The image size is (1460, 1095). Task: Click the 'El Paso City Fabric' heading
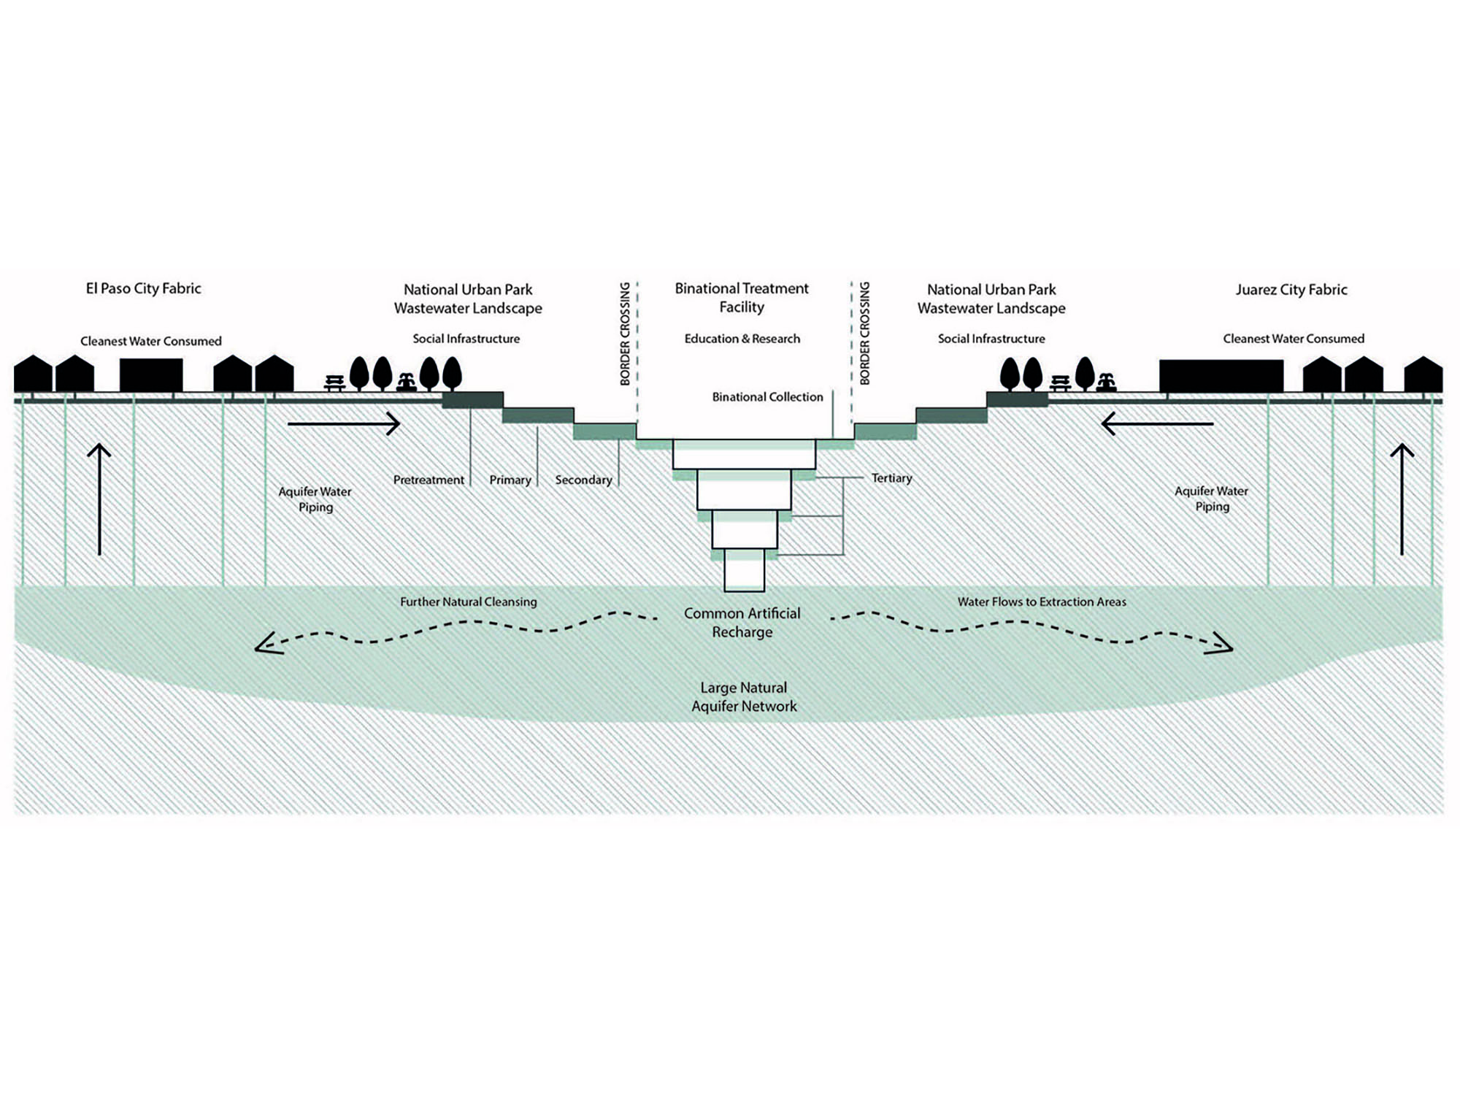143,288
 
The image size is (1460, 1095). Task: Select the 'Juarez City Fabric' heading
1291,290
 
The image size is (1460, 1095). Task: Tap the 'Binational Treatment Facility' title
741,298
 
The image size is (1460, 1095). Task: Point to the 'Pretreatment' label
429,480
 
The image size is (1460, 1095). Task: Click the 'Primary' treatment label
510,480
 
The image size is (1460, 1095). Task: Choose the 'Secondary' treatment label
583,480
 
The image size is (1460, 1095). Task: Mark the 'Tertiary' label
891,478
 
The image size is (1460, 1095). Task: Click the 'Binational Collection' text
767,397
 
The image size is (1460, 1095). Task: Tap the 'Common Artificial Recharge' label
742,623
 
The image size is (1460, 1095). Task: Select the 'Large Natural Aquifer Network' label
744,697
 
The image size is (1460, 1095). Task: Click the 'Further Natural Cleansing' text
468,602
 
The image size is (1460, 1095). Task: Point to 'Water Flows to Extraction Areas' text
1042,602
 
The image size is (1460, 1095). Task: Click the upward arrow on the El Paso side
99,500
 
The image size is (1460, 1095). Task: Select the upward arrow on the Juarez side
1402,500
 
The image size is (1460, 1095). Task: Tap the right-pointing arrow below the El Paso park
343,423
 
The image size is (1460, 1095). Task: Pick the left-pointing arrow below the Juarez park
1157,423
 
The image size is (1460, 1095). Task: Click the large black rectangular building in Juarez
1221,376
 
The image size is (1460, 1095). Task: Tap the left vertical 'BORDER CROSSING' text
625,334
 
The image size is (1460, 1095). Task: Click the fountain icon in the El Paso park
406,382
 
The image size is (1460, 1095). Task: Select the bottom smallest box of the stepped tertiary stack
744,572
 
